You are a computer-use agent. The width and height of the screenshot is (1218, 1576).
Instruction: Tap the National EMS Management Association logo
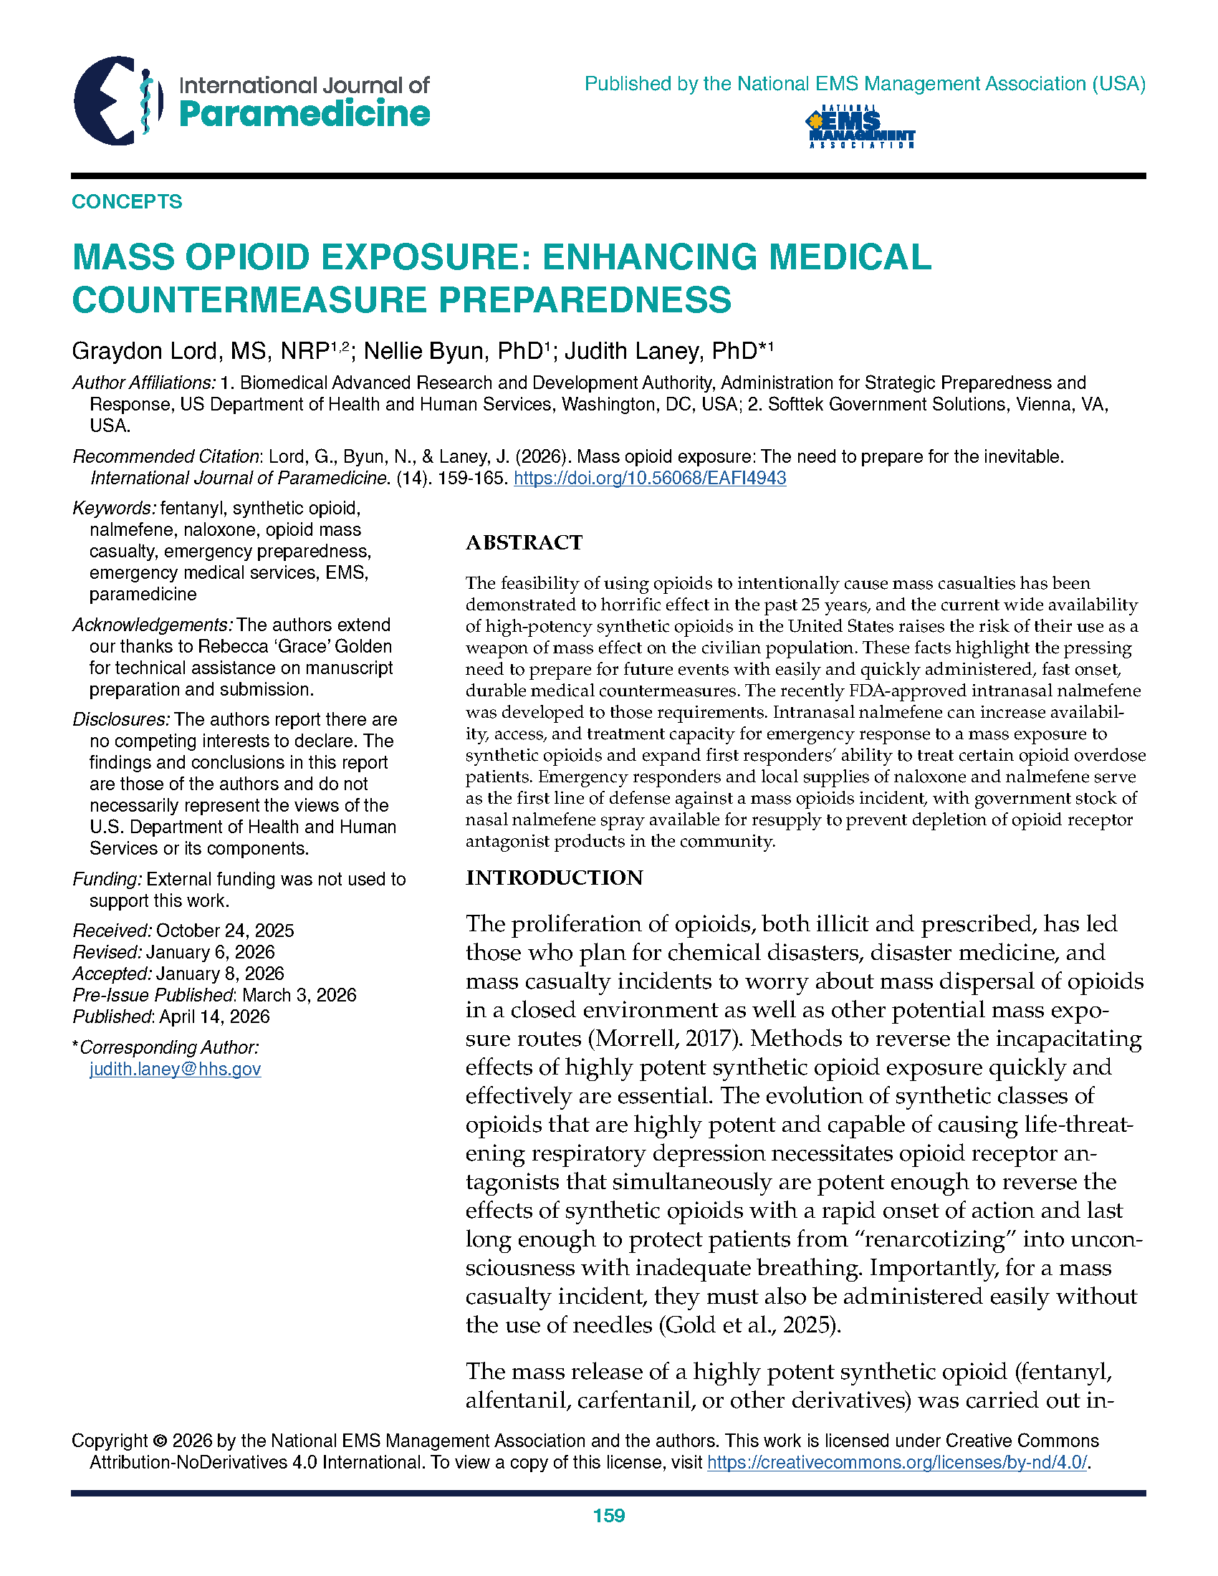860,128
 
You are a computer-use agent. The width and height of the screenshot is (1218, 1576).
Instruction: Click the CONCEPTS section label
127,201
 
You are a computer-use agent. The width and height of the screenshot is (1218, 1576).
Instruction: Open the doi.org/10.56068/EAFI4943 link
649,478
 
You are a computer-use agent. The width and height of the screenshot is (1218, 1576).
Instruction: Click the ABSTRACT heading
524,543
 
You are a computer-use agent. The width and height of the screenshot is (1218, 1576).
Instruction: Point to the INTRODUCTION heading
554,878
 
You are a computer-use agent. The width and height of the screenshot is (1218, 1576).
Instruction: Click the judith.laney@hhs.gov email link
175,1069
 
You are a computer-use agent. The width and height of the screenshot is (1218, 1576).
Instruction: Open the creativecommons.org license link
897,1462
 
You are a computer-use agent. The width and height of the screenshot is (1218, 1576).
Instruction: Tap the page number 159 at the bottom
608,1515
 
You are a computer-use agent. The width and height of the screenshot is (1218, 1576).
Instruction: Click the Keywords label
114,509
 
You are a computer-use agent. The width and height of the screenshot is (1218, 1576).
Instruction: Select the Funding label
107,879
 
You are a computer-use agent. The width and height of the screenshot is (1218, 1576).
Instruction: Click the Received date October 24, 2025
224,931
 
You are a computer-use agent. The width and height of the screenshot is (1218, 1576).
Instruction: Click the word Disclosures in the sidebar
121,719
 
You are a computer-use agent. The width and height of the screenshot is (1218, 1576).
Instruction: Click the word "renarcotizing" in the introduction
928,1239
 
